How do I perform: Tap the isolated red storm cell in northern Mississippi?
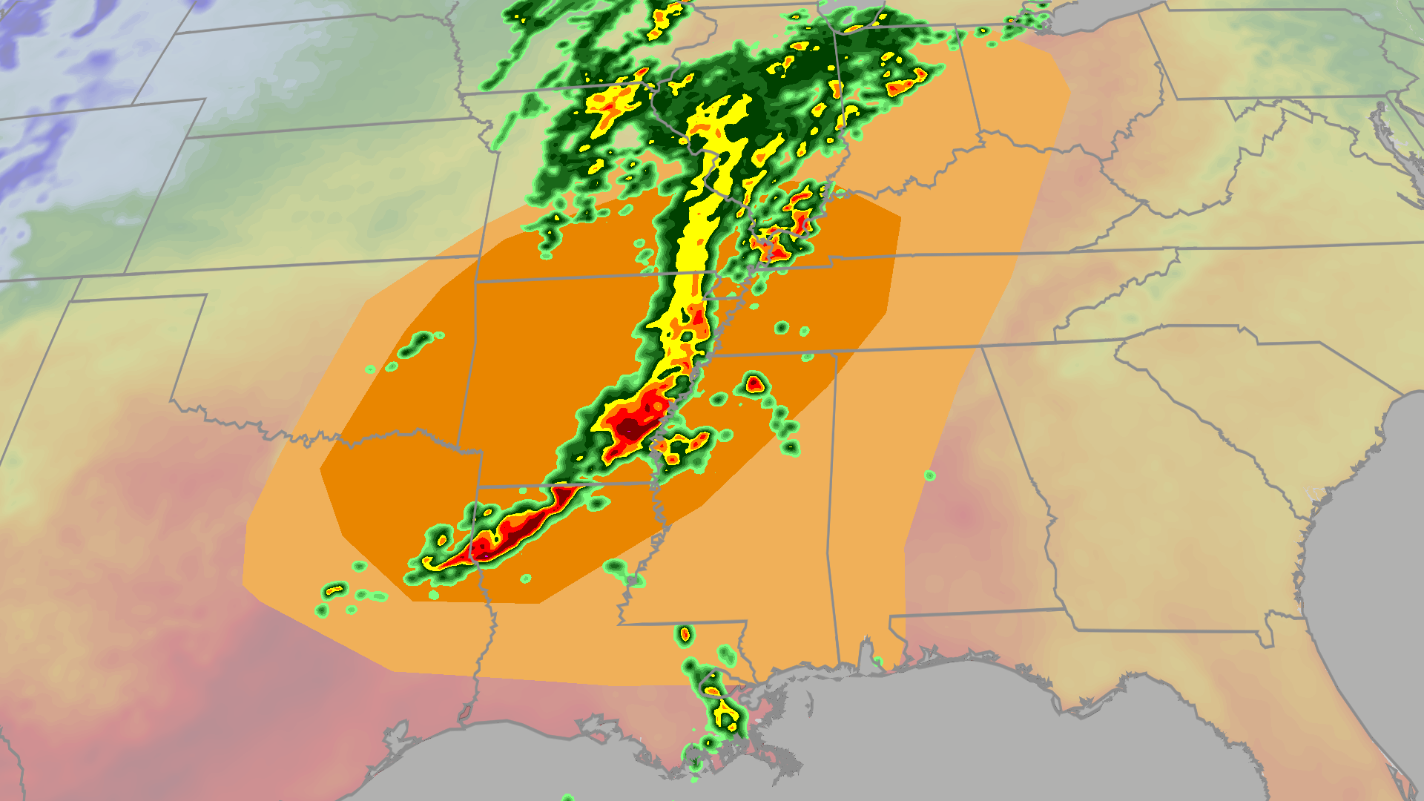[x=754, y=384]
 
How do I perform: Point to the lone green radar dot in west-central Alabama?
[x=929, y=475]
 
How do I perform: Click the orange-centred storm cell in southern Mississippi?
[x=685, y=634]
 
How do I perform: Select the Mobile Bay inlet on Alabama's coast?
[x=866, y=653]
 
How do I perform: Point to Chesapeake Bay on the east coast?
[x=1381, y=130]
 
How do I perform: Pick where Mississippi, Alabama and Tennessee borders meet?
[x=836, y=354]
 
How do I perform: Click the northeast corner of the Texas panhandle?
[x=206, y=295]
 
